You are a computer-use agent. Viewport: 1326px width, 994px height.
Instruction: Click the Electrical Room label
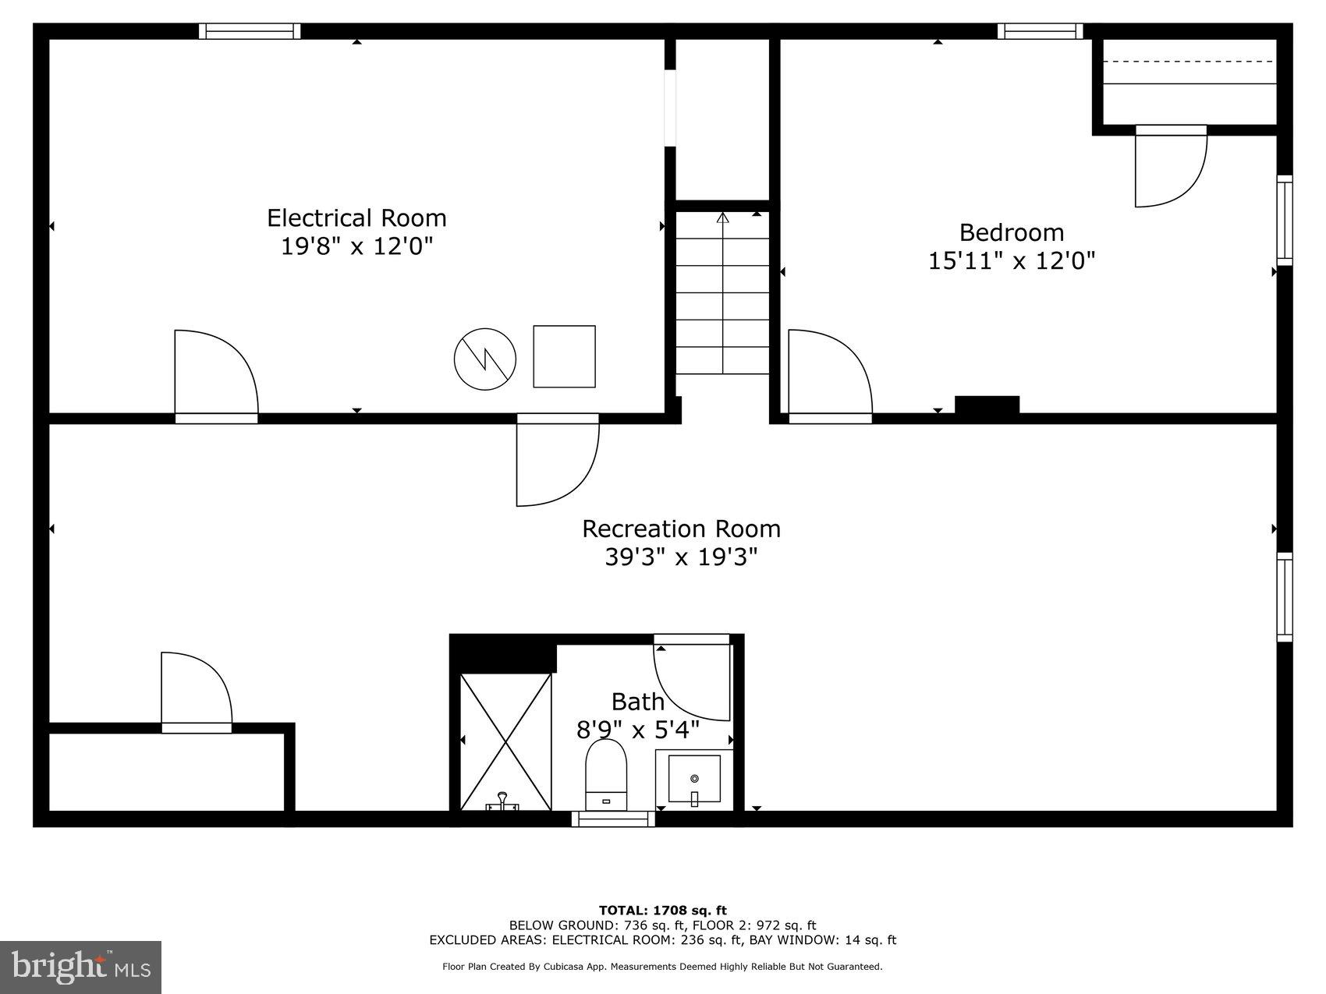click(356, 218)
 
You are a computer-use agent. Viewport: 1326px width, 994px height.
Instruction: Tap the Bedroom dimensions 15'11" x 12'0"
click(1011, 260)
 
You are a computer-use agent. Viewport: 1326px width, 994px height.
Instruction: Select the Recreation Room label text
click(681, 529)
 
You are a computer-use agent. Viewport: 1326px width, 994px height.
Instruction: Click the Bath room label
click(637, 702)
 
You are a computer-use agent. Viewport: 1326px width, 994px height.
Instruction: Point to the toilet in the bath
click(606, 774)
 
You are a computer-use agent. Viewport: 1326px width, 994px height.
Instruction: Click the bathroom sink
click(694, 778)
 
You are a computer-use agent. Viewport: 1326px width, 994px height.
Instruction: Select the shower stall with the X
click(505, 741)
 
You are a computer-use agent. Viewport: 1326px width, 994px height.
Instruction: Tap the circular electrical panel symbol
click(485, 359)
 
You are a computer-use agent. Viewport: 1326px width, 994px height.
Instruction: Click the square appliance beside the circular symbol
click(564, 356)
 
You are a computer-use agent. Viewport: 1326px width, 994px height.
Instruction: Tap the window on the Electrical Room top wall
click(250, 31)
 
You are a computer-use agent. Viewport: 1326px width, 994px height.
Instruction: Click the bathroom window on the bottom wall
click(613, 818)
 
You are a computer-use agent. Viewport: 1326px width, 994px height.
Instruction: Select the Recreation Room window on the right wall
click(1284, 597)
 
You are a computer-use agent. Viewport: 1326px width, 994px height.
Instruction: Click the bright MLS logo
click(81, 967)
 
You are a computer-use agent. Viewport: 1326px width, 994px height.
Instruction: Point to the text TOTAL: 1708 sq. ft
click(662, 910)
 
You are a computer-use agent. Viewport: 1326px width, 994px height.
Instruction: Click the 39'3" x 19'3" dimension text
click(681, 557)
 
